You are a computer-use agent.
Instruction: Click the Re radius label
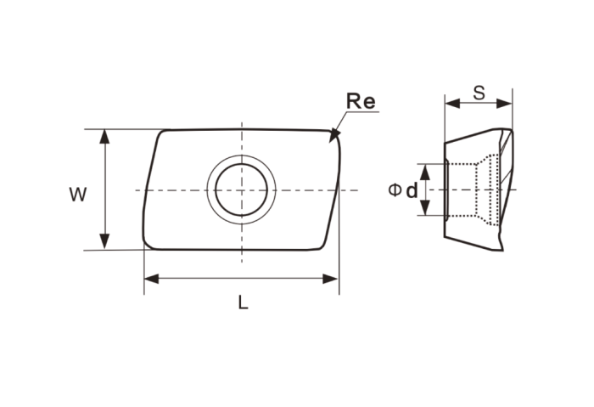361,101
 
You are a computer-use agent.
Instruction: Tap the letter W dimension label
78,195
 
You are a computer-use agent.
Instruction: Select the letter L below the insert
244,302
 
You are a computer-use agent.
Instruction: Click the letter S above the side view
479,93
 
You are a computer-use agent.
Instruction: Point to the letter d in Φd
412,190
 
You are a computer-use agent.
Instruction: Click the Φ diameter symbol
395,190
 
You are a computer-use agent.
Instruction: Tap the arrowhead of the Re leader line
334,135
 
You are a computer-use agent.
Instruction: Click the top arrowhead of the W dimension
104,137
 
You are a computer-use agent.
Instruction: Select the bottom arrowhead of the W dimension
104,241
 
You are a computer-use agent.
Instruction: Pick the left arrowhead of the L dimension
152,280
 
